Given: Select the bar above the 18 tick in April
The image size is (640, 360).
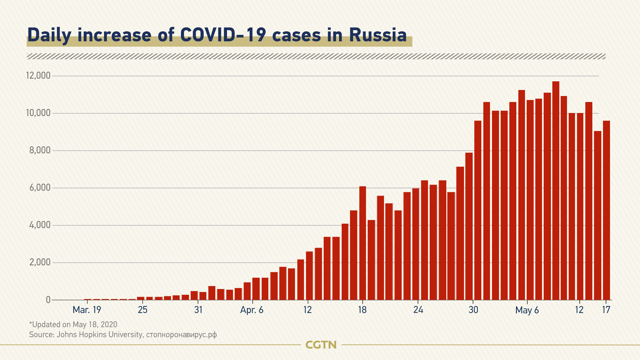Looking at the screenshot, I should coord(363,243).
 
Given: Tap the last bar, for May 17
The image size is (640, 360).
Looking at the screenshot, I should coord(606,210).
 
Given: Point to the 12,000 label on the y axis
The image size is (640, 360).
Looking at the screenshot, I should coord(38,76).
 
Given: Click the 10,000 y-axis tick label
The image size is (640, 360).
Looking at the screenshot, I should coord(38,113).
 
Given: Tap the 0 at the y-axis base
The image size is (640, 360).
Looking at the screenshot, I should coord(48,300).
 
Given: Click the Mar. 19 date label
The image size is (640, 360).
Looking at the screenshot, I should coord(87,310).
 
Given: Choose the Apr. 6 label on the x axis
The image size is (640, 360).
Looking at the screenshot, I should coord(252,310).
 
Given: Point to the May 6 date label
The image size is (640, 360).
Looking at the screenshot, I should coord(527,310).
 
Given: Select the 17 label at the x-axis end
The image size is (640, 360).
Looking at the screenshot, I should coord(606,310).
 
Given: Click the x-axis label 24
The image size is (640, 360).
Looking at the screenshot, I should coord(418,310).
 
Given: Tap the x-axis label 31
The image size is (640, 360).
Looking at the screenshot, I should coord(198,310).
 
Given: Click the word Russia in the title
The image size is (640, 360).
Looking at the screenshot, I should coord(378,35).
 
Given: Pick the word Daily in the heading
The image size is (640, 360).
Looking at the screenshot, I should coord(49,35).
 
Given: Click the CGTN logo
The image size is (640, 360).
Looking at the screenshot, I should coord(321,345).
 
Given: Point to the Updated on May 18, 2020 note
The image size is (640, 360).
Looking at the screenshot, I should coord(73,324).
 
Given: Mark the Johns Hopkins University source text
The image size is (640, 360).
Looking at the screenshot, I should coord(99,334).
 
